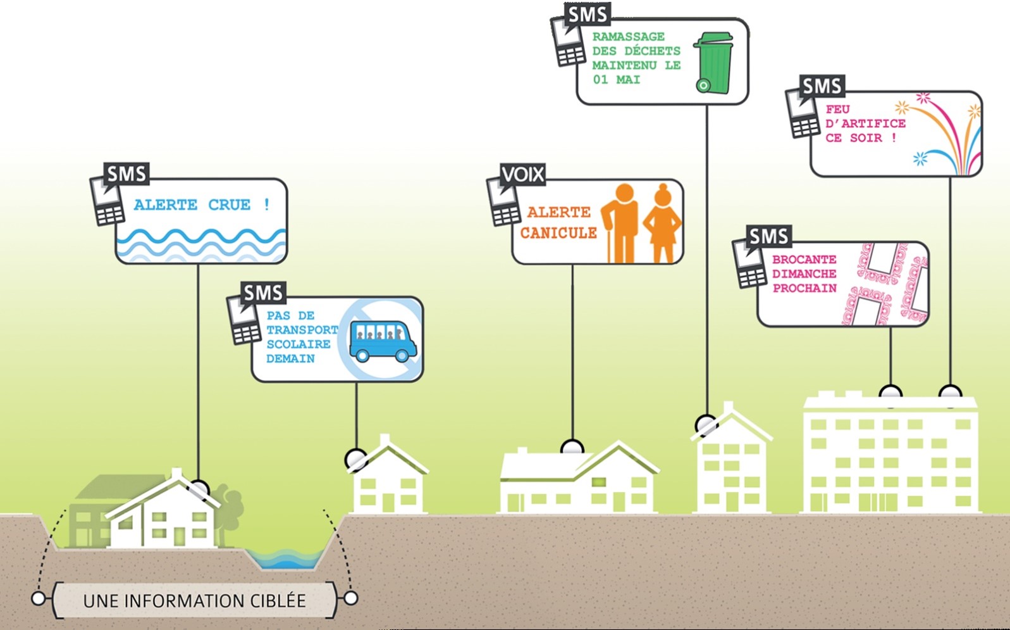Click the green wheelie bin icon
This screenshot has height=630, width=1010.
pos(714,63)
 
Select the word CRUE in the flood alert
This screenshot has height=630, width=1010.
pos(230,205)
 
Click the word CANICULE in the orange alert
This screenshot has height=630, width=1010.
pos(558,233)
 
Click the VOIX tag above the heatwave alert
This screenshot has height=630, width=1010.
pos(522,174)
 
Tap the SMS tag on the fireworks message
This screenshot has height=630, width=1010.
pos(822,86)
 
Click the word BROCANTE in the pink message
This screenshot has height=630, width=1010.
pos(804,260)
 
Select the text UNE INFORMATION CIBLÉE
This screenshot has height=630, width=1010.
pos(195,601)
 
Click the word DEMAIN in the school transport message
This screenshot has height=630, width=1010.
pos(290,359)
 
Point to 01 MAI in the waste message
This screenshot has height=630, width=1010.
pos(616,80)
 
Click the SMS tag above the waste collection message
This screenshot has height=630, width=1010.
pos(588,15)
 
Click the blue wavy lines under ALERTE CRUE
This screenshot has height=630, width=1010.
pos(201,244)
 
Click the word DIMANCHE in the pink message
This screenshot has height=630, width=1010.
pos(804,274)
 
